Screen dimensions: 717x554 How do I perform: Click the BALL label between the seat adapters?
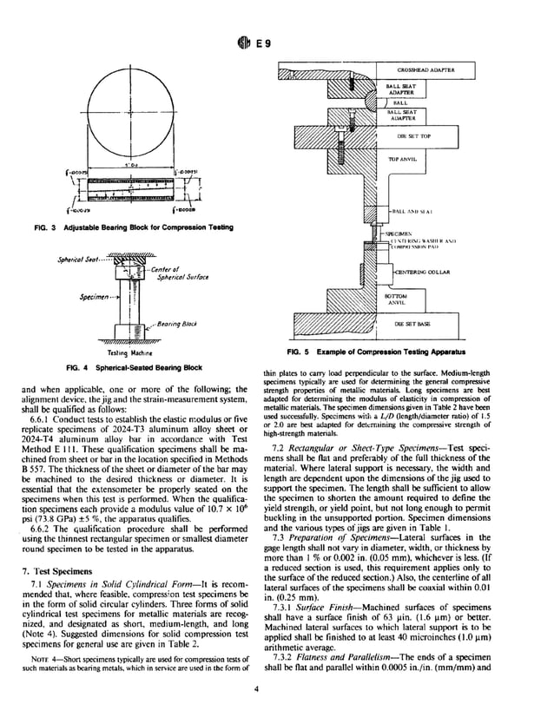point(401,102)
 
